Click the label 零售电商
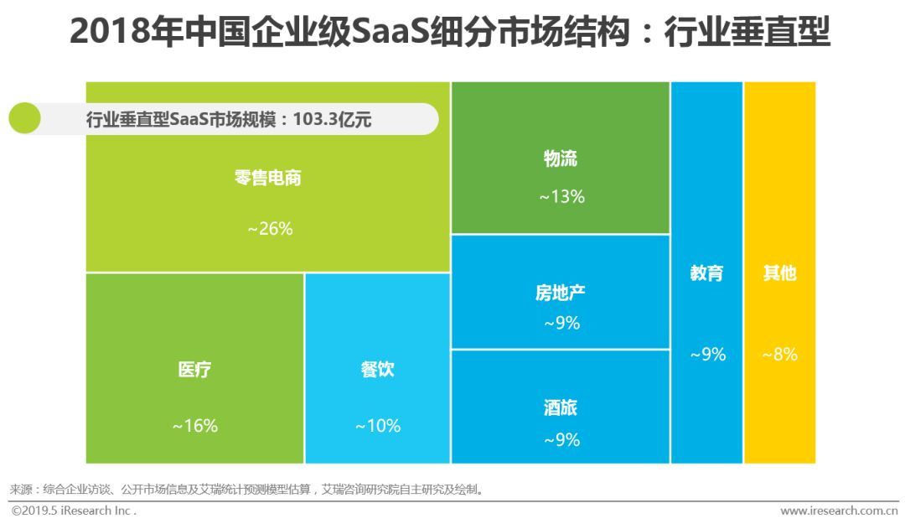pos(267,178)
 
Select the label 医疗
pos(194,370)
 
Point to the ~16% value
pos(194,426)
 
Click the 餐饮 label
pos(377,370)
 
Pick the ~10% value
pos(377,426)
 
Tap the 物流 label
pos(561,159)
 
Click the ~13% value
pos(561,197)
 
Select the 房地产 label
pos(561,293)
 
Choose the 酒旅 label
pos(561,408)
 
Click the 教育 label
pos(706,273)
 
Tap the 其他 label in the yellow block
pos(779,273)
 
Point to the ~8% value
pos(779,355)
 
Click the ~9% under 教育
pos(707,355)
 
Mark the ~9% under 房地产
pos(561,323)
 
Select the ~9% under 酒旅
pos(561,439)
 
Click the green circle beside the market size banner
pos(25,119)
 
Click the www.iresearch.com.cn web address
pos(839,511)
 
